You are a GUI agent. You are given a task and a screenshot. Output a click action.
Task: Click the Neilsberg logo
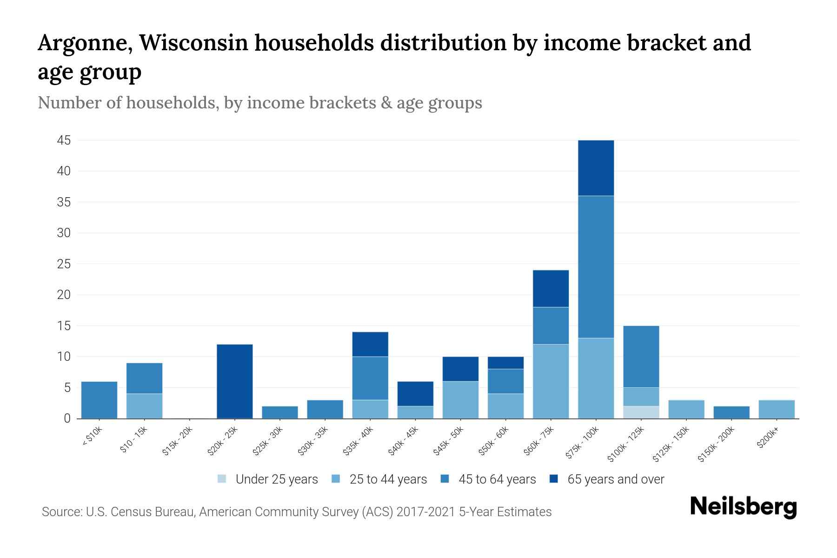pos(743,507)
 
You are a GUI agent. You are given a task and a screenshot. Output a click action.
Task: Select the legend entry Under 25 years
pos(268,479)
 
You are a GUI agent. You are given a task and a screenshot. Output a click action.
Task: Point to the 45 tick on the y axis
pos(64,140)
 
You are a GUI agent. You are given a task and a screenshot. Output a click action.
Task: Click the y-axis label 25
pos(64,264)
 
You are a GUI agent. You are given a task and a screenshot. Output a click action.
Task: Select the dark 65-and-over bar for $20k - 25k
pos(235,381)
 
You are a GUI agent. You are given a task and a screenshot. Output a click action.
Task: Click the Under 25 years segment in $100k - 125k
pos(641,412)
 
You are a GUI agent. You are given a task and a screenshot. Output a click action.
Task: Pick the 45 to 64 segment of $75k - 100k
pos(596,267)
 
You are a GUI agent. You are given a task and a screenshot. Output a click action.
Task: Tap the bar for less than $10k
pos(99,400)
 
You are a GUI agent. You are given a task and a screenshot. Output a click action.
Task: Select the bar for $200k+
pos(777,409)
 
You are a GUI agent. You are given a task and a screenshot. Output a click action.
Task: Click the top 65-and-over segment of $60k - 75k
pos(551,288)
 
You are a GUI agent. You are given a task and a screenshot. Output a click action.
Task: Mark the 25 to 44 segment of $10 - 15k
pos(145,406)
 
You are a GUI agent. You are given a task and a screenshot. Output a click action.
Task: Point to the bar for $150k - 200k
pos(731,412)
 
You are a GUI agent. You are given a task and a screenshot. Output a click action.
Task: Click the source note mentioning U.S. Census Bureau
pos(297,512)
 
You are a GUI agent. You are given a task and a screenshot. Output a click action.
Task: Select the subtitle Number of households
pos(259,103)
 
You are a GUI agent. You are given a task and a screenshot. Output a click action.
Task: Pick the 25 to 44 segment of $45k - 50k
pos(460,400)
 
